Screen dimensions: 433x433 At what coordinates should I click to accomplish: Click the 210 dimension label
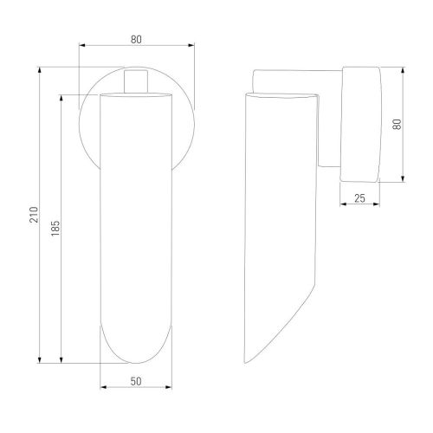(x=35, y=215)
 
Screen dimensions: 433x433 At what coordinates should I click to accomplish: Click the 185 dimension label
(x=55, y=229)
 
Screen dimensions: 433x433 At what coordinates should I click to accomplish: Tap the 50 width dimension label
(x=136, y=381)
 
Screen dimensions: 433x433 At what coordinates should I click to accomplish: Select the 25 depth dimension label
(x=359, y=198)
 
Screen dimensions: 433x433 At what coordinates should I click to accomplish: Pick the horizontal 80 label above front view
(x=136, y=40)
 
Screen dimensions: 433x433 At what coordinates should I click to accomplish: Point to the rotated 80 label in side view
(x=397, y=125)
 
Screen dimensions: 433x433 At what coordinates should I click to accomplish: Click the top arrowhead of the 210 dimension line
(x=40, y=70)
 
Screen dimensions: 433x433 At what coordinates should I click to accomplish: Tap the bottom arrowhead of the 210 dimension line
(x=40, y=359)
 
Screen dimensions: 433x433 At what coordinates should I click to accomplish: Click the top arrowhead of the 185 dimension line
(x=61, y=98)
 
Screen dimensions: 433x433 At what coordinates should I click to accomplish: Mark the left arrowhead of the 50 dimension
(x=103, y=387)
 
